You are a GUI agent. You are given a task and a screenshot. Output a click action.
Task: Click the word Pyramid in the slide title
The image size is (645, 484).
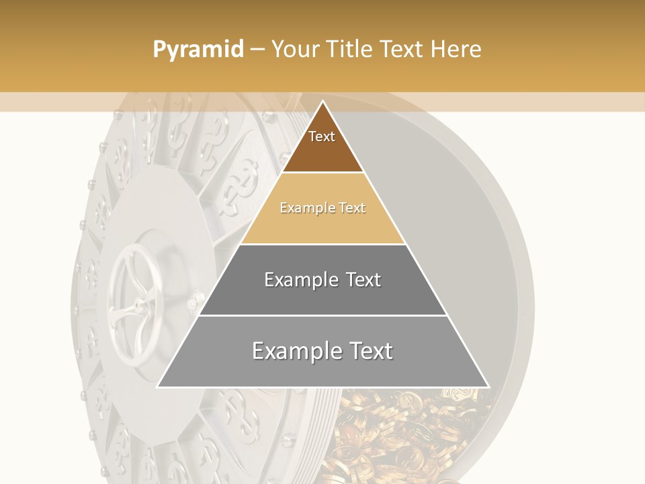pos(198,50)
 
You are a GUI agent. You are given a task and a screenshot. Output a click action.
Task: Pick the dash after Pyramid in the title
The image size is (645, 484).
pos(257,50)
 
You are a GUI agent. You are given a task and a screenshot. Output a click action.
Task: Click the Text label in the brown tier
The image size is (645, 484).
pos(322,136)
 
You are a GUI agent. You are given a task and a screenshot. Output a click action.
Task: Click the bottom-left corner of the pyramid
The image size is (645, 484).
pos(158,387)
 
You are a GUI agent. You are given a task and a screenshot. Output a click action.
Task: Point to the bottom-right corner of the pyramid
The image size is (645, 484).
pos(488,387)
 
